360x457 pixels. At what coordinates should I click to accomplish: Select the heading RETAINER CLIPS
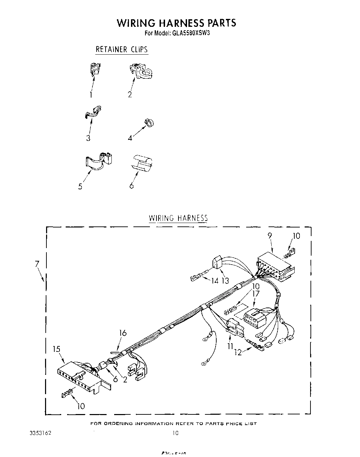[121, 49]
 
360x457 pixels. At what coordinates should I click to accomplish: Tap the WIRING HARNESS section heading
[178, 218]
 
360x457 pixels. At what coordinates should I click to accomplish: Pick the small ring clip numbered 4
[149, 123]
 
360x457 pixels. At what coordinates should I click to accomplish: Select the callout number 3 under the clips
[88, 138]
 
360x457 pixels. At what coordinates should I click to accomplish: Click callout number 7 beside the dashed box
[37, 264]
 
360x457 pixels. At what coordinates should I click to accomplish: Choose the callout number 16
[123, 333]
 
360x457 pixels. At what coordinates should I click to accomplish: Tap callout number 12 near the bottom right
[238, 352]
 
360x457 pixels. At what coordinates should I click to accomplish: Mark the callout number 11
[230, 346]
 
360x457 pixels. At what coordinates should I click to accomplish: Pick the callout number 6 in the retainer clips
[131, 186]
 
